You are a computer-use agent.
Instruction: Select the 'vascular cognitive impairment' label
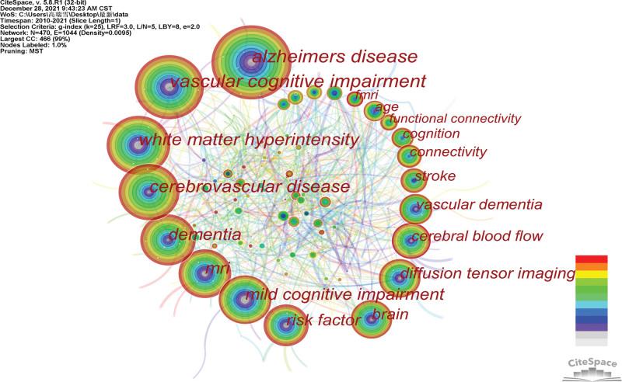298,82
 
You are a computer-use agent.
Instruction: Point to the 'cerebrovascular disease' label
249,187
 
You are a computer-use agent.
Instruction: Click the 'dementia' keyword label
204,234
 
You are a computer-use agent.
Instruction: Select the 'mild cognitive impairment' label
344,294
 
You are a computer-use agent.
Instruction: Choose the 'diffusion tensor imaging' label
487,273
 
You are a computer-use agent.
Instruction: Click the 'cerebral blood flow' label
477,236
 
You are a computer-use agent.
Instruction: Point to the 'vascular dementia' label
479,206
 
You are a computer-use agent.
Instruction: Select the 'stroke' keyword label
435,176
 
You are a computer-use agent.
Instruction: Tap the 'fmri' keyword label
366,96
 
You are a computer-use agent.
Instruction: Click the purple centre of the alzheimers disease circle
250,61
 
